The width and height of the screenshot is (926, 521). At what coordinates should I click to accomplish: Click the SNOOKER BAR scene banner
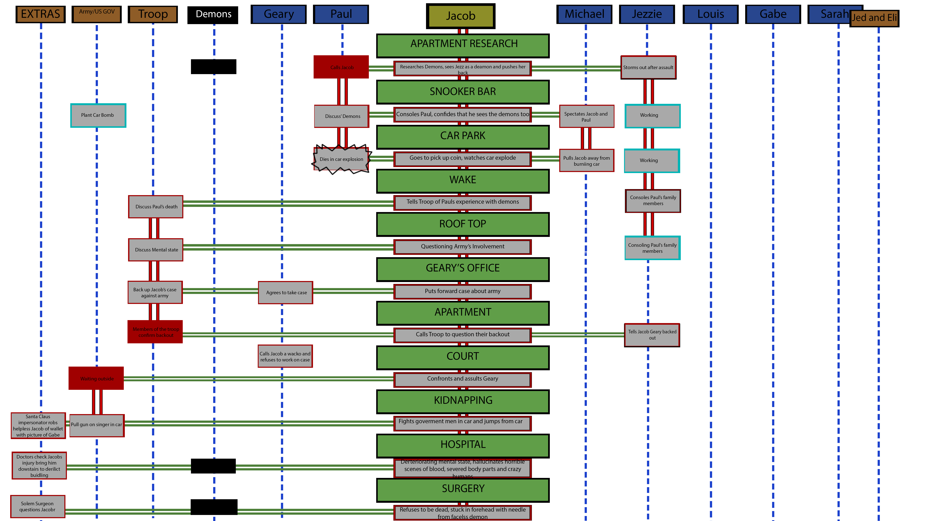[463, 92]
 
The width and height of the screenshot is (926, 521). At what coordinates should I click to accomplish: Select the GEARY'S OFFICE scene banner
[463, 268]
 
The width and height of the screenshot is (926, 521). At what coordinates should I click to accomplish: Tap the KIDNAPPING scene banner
[463, 401]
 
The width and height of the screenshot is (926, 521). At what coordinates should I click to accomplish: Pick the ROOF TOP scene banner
[463, 224]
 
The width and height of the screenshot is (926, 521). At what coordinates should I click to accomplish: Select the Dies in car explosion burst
[341, 159]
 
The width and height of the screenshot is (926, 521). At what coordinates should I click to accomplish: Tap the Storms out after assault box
[648, 67]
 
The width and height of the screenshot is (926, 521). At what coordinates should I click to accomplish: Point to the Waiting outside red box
[96, 379]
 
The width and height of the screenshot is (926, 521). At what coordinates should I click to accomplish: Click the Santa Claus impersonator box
[38, 426]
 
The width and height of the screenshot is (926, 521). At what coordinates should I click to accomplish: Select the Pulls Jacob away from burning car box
[586, 161]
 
